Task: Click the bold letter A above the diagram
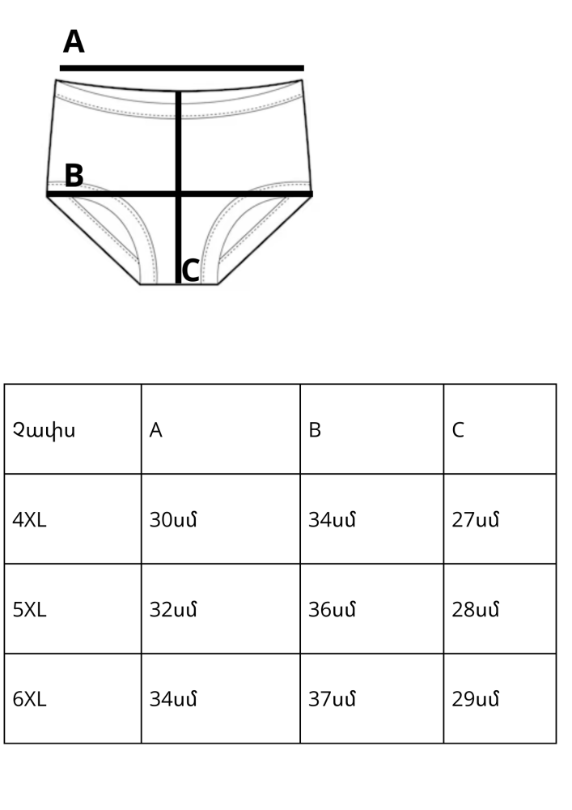74,42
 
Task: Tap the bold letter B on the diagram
74,176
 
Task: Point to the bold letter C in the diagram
191,271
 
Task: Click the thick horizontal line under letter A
182,68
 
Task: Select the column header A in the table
156,430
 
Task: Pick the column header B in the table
315,430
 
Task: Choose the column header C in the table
458,430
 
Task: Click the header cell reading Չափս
44,431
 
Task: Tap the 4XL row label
29,520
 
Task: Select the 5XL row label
29,610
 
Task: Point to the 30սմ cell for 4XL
173,520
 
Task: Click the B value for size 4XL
333,520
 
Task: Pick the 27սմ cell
476,520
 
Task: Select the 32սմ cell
173,610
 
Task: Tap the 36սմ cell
333,610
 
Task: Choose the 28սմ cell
476,610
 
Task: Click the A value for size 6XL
173,699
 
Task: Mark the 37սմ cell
333,699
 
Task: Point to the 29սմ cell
476,699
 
